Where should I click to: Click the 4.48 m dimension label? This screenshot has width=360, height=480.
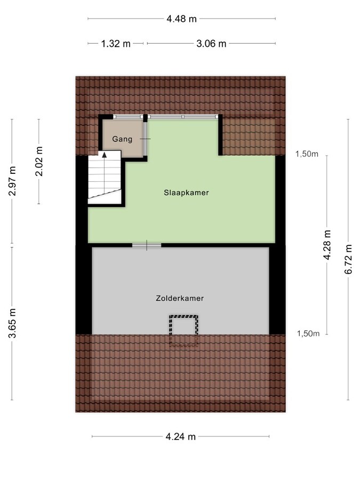pyautogui.click(x=181, y=19)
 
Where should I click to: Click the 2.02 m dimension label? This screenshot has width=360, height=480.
pyautogui.click(x=38, y=161)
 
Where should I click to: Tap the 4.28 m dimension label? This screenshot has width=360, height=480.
pyautogui.click(x=327, y=245)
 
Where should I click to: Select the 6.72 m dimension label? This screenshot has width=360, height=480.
pyautogui.click(x=349, y=259)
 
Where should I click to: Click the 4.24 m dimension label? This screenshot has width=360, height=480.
pyautogui.click(x=181, y=437)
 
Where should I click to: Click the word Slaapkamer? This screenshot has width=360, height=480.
pyautogui.click(x=186, y=193)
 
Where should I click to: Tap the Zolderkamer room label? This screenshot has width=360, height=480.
pyautogui.click(x=180, y=299)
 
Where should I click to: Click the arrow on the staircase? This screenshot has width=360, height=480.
pyautogui.click(x=105, y=155)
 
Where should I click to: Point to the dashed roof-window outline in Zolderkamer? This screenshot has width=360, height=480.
pyautogui.click(x=183, y=330)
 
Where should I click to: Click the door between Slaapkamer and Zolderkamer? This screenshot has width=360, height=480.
pyautogui.click(x=147, y=245)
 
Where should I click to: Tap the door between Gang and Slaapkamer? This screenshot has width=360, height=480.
pyautogui.click(x=146, y=139)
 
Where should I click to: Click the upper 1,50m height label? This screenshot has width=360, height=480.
pyautogui.click(x=307, y=155)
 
